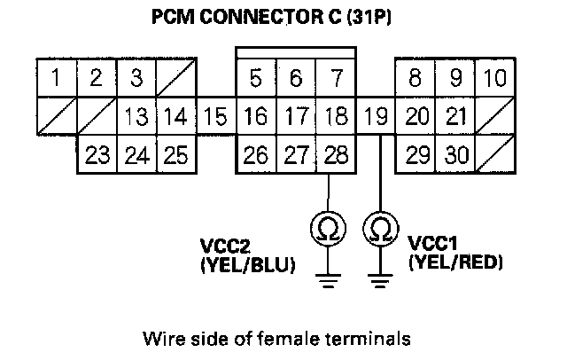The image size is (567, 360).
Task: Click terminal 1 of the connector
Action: (57, 78)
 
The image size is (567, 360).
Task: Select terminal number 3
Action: (136, 78)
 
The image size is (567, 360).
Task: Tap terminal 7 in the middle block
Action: (336, 78)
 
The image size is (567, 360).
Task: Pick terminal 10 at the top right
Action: (494, 78)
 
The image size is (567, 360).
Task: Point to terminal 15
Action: (215, 116)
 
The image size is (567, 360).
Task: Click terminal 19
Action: (377, 116)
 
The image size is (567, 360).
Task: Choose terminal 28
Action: (336, 155)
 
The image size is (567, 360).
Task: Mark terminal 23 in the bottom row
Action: (97, 155)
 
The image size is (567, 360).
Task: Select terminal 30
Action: (455, 155)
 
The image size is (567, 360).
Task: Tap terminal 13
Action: (136, 116)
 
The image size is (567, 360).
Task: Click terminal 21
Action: (455, 116)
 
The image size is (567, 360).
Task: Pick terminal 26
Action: (256, 155)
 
